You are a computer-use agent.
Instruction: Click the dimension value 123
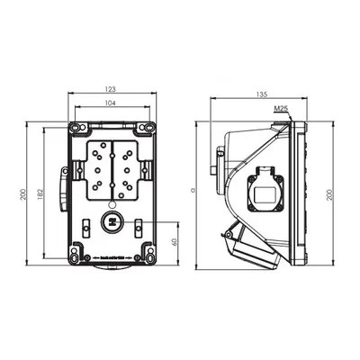click(112, 88)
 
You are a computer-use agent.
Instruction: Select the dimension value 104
click(112, 104)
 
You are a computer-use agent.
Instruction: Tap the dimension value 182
click(39, 195)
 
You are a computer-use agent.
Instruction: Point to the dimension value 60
click(173, 241)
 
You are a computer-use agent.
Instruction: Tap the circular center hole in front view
click(112, 220)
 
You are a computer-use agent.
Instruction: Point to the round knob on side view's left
click(218, 167)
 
